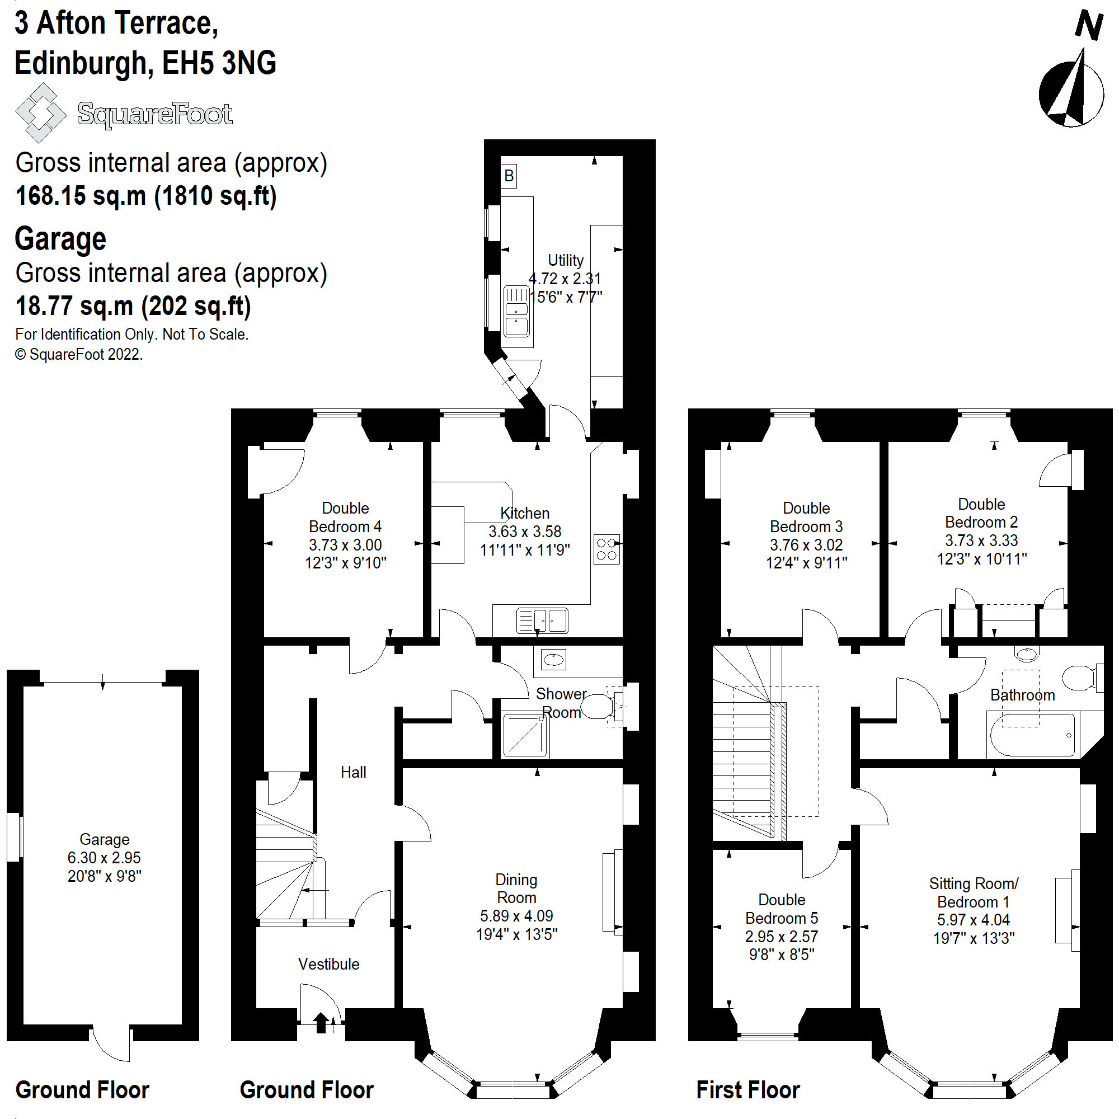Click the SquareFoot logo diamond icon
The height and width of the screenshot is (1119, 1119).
pos(40,113)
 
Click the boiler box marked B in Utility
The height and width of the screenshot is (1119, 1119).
pos(509,176)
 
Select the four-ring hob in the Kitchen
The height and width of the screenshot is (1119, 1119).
pos(606,549)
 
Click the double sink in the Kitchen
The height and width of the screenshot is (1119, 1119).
pos(542,621)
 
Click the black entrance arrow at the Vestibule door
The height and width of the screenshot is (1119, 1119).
pos(321,1022)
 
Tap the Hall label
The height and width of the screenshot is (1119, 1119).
pos(352,772)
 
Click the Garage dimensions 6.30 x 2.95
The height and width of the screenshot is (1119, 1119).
pos(104,858)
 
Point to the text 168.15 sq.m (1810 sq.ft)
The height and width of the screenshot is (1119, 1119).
pos(146,196)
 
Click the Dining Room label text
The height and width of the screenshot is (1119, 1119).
pos(516,888)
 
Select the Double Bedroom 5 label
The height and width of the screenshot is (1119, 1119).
pos(781,909)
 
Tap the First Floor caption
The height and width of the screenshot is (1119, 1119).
pos(747,1090)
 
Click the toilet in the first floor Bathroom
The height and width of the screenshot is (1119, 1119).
pos(1079,677)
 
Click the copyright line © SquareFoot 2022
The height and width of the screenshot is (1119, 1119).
pos(79,355)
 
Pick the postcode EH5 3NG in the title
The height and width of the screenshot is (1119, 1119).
pos(219,63)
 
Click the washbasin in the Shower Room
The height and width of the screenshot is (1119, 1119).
pos(553,659)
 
